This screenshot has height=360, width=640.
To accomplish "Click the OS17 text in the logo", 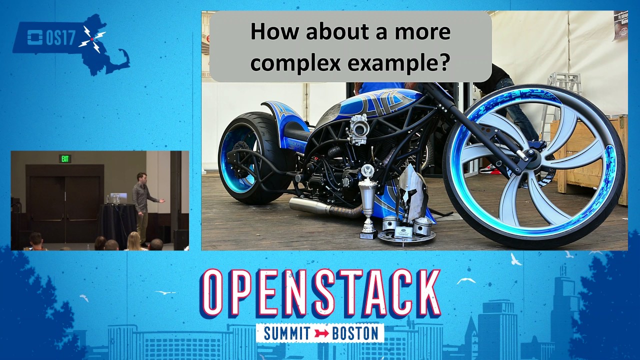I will [x=60, y=38].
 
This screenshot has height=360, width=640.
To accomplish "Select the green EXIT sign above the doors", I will [x=65, y=159].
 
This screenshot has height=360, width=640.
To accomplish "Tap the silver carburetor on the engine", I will [x=359, y=128].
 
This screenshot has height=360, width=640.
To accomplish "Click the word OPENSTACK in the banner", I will [x=320, y=293].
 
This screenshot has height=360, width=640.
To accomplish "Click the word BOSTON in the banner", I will [x=355, y=333].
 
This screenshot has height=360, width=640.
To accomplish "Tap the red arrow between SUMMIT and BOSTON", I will [x=320, y=333].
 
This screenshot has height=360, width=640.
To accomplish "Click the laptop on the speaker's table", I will [x=119, y=198].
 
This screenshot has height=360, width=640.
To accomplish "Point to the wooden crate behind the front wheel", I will [x=590, y=155].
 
